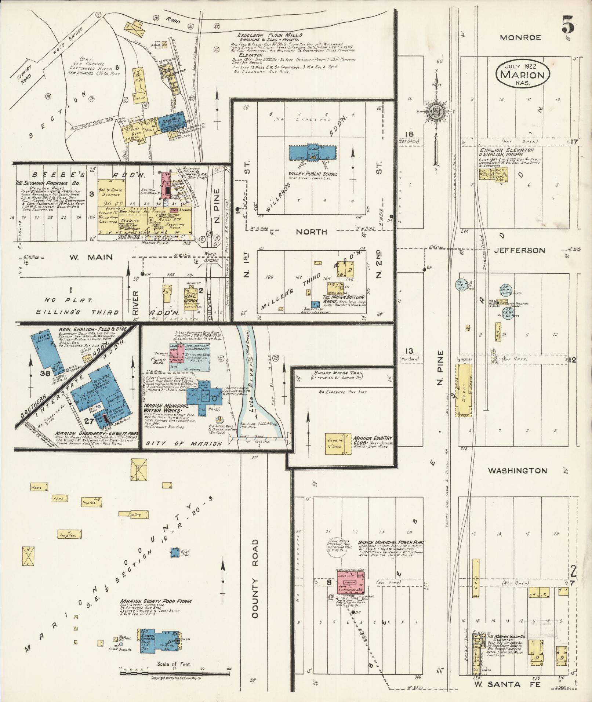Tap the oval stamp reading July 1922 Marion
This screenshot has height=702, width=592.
(x=523, y=74)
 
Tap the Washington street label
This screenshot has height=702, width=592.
(x=517, y=470)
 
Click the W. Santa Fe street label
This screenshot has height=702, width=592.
(x=507, y=684)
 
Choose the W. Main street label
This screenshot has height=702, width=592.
(x=90, y=257)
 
